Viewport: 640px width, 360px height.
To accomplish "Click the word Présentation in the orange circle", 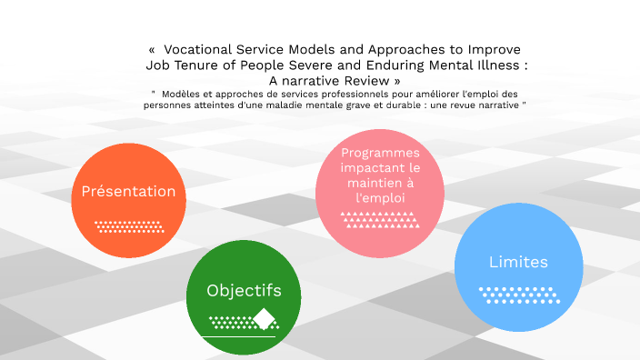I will click(x=128, y=191).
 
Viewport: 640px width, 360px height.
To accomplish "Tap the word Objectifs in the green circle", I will click(x=244, y=291).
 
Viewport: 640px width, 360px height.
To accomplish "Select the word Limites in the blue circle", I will click(x=518, y=262).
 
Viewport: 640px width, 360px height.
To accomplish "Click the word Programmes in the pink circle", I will click(x=381, y=152).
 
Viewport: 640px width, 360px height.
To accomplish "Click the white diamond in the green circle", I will click(x=265, y=319).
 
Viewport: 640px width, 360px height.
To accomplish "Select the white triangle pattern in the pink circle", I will click(x=380, y=218).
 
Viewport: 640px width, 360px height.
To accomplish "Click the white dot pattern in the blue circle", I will click(x=518, y=293).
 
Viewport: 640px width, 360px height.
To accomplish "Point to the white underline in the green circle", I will click(x=239, y=336).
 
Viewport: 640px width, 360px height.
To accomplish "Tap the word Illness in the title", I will click(x=496, y=65).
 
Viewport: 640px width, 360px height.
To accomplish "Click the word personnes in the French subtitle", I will click(x=170, y=105).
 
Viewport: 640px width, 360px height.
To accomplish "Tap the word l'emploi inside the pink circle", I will click(x=380, y=196).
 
